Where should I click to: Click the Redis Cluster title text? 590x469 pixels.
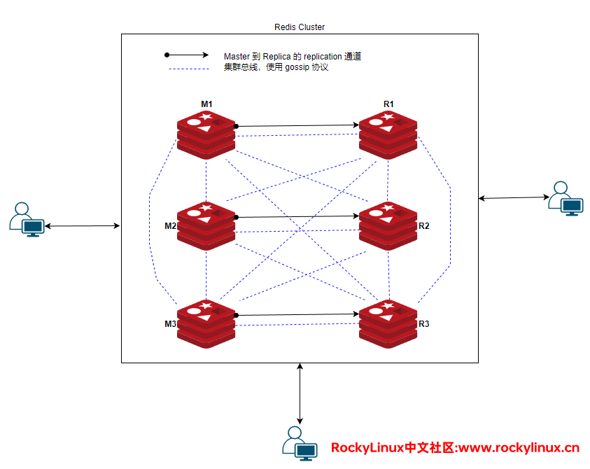[300, 27]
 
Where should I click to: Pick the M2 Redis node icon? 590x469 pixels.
[206, 225]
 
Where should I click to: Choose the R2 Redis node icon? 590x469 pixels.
[388, 225]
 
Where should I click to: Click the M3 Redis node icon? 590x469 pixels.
[206, 323]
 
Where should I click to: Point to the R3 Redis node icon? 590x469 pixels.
[388, 323]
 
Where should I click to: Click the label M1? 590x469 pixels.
[206, 104]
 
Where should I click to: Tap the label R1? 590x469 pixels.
[388, 104]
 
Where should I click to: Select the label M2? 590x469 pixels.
[170, 226]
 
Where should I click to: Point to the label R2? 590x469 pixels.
[423, 226]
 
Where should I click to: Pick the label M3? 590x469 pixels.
[170, 324]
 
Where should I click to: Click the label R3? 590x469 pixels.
[423, 324]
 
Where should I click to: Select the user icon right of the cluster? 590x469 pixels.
[566, 199]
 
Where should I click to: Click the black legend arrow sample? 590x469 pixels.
[187, 55]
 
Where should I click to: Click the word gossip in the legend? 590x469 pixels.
[297, 68]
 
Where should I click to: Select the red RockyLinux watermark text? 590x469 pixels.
[455, 448]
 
